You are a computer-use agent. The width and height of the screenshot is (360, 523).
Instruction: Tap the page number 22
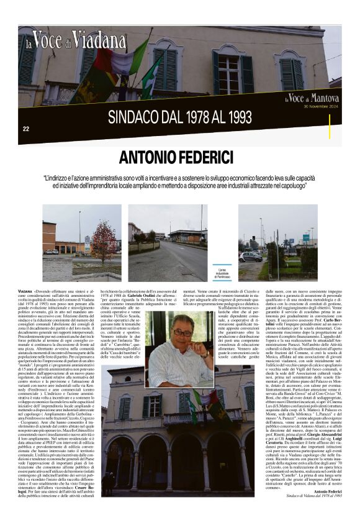pyautogui.click(x=26, y=129)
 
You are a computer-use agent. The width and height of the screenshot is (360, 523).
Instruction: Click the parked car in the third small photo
pyautogui.click(x=251, y=256)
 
